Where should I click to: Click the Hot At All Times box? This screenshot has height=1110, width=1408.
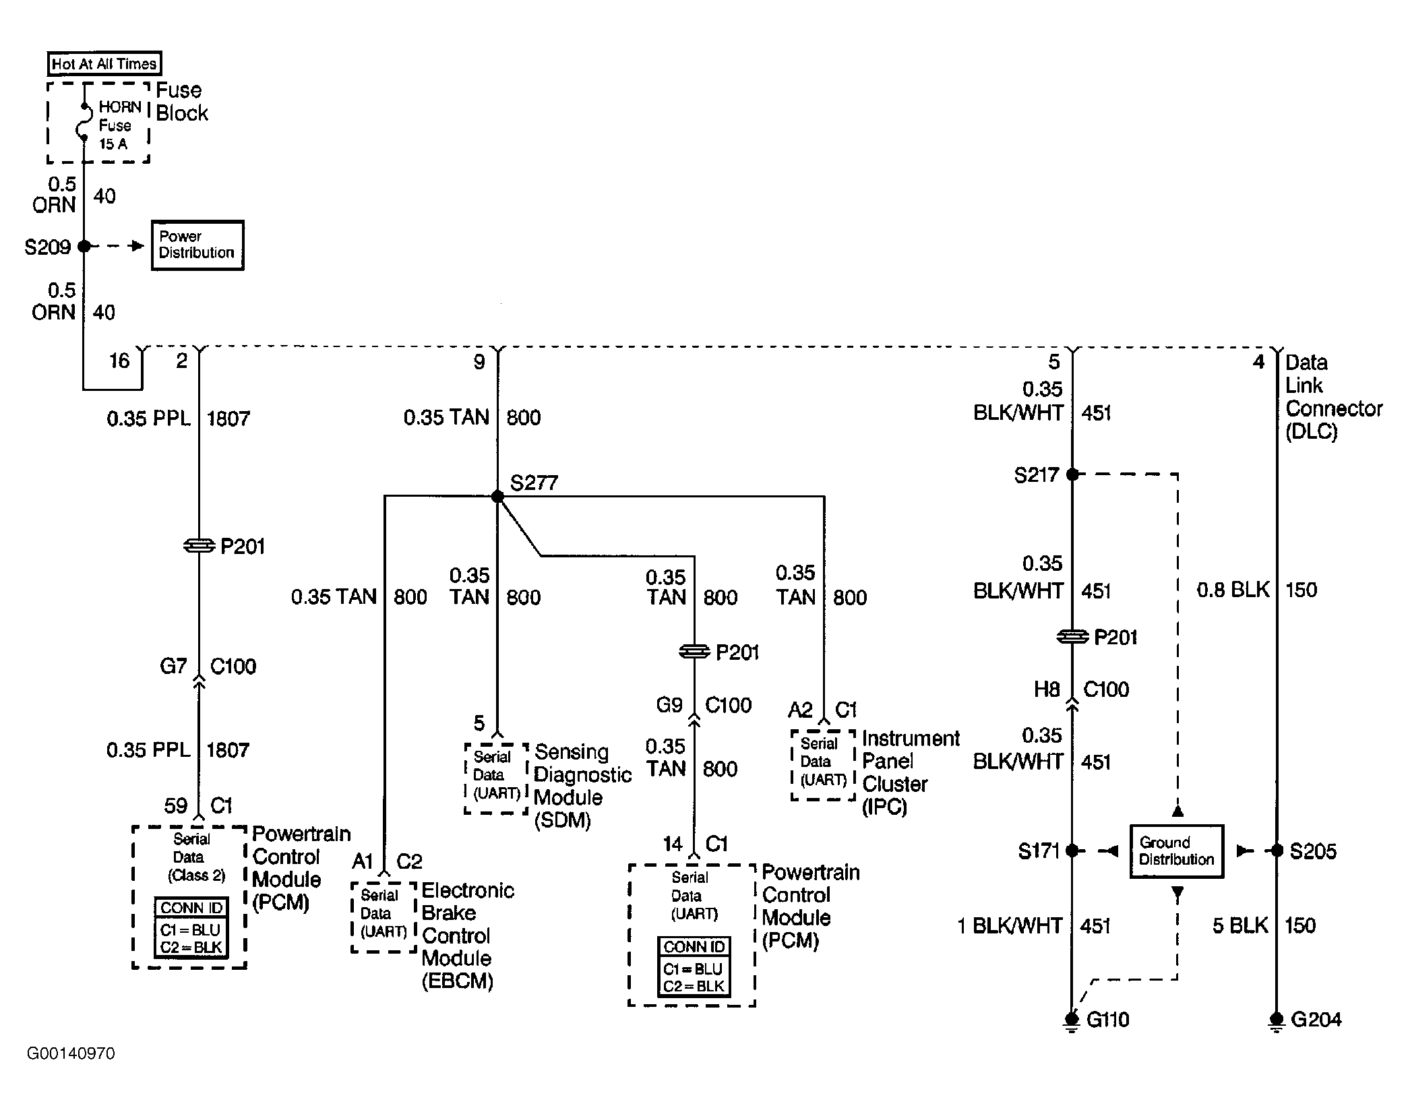[x=104, y=64]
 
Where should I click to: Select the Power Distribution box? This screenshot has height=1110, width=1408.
[x=197, y=245]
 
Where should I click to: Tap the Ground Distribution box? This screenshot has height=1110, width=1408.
[x=1176, y=851]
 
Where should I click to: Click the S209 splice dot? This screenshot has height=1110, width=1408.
[x=84, y=247]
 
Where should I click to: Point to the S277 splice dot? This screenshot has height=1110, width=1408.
[x=497, y=497]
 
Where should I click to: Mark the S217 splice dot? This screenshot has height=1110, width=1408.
[x=1072, y=474]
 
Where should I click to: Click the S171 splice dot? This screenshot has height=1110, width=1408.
[x=1072, y=851]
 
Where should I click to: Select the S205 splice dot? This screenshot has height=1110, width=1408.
[x=1277, y=851]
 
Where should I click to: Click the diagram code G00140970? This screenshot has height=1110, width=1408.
[x=71, y=1053]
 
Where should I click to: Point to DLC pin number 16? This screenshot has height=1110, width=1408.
[x=119, y=361]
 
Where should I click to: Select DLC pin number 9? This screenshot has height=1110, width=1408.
[x=479, y=363]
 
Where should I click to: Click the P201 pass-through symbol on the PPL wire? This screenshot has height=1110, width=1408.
[x=199, y=546]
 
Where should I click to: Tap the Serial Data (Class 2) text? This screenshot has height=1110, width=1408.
[x=191, y=857]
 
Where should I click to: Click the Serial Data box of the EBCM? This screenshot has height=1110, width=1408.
[x=384, y=917]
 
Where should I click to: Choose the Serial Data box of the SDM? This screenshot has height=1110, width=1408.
[x=497, y=778]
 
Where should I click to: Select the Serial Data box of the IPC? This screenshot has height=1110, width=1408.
[x=823, y=765]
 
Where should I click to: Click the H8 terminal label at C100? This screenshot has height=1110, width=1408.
[x=1047, y=689]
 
